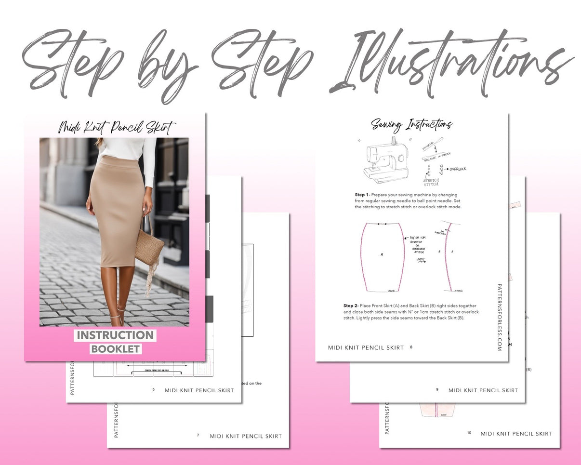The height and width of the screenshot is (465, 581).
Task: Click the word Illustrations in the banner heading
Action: (x=453, y=63)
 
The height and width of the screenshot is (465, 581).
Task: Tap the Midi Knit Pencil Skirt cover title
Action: (x=117, y=128)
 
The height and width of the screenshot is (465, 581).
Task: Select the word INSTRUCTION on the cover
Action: (x=115, y=335)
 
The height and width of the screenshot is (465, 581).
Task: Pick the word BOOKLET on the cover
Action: (x=116, y=349)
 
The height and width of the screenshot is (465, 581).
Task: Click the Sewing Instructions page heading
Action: (x=411, y=125)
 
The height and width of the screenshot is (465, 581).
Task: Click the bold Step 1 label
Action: (x=363, y=195)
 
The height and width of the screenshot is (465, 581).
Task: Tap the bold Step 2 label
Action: (x=351, y=306)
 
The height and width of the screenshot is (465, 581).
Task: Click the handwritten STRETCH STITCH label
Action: (x=431, y=182)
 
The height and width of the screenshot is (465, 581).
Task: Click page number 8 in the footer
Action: (x=411, y=347)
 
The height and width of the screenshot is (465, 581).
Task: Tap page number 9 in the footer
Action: (x=436, y=389)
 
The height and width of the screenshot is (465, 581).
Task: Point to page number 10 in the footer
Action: (x=469, y=433)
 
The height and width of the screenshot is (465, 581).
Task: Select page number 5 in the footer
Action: (x=153, y=389)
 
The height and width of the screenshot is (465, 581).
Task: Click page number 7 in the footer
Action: (x=198, y=435)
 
